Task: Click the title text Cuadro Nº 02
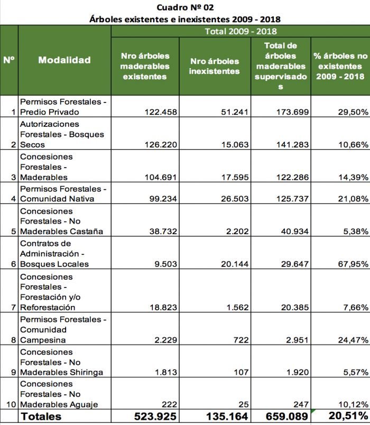(185, 7)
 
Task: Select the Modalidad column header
(64, 60)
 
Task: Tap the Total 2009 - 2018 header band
(240, 31)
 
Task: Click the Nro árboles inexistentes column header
(215, 66)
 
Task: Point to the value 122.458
(161, 112)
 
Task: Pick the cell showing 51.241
(235, 112)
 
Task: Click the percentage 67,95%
(353, 264)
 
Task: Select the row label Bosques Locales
(54, 264)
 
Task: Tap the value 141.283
(292, 144)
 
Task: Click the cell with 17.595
(235, 177)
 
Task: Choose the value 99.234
(163, 199)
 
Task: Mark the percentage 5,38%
(356, 232)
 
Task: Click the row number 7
(14, 307)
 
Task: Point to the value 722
(241, 340)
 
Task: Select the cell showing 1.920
(298, 372)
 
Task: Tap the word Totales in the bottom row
(41, 417)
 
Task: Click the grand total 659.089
(287, 417)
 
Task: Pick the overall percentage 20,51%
(348, 415)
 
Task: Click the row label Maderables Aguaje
(59, 404)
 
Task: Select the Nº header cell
(9, 60)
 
